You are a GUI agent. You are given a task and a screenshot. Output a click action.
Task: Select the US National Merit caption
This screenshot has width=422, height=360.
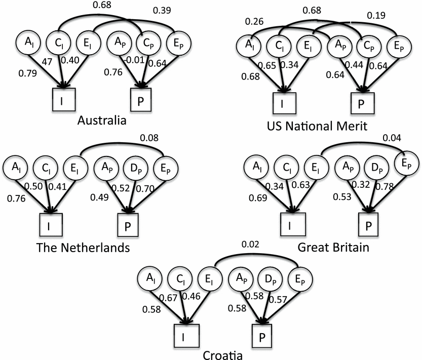click(324, 125)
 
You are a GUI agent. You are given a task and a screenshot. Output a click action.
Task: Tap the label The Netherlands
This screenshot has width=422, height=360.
click(83, 248)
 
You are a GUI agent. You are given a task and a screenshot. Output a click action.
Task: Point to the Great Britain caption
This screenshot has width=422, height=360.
click(327, 248)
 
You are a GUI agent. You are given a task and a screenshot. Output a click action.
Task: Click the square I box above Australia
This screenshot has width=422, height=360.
click(64, 100)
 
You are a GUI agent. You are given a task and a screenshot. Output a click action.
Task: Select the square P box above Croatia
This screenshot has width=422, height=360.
click(263, 335)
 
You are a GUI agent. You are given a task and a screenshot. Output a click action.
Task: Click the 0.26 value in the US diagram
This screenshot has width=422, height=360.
click(253, 21)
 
